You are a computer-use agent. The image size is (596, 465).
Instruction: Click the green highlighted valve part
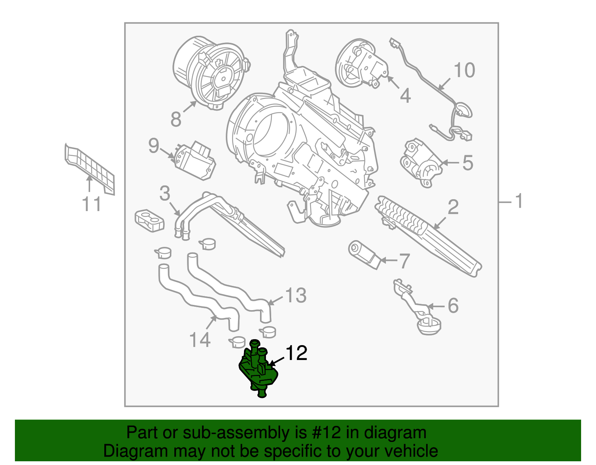(258, 370)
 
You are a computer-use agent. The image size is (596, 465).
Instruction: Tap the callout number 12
(296, 353)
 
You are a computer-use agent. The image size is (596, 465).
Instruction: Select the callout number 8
(176, 120)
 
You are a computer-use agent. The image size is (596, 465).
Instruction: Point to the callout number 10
(464, 70)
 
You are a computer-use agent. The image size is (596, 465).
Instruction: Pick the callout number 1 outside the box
(519, 201)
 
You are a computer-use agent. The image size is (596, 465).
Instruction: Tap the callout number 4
(405, 96)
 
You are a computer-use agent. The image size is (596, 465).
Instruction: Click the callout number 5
(468, 163)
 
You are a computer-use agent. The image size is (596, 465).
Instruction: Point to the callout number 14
(200, 340)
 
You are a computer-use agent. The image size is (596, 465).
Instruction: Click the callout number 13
(296, 296)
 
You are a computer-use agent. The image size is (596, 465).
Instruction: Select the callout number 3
(165, 194)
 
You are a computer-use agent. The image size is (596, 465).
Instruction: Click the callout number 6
(453, 306)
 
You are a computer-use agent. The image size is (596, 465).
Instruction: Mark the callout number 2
(453, 207)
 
